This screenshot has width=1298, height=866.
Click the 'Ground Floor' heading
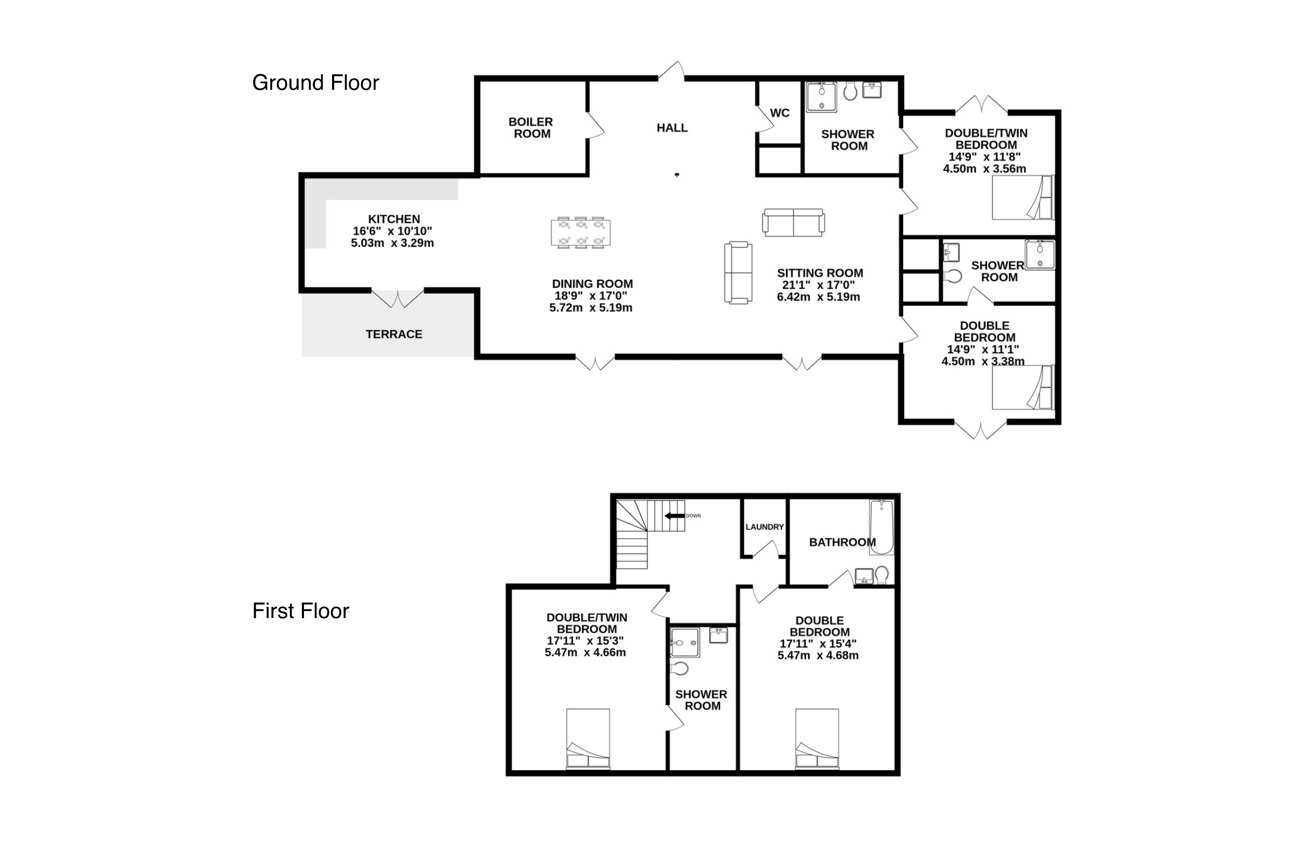(315, 83)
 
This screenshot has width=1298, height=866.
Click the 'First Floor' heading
(300, 611)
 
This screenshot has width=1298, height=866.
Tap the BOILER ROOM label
(531, 128)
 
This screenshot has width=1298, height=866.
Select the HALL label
(672, 128)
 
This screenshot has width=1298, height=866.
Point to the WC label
(779, 113)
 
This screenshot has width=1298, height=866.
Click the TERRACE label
(394, 334)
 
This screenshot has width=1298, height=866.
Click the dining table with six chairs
(580, 233)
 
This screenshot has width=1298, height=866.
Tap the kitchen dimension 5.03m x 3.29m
(393, 243)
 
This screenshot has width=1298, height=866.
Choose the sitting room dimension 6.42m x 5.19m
(818, 297)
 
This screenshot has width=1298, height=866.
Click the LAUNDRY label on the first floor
(764, 527)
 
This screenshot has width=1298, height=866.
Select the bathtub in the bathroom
(882, 527)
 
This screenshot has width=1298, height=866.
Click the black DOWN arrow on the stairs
(674, 516)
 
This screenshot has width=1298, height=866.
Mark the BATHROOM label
(842, 542)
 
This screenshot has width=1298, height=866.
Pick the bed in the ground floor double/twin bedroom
(1023, 197)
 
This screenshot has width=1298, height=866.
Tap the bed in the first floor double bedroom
(817, 739)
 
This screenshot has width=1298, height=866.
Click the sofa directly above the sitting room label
(793, 222)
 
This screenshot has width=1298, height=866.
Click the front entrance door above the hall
(672, 72)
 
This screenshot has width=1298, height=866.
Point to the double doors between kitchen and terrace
(398, 299)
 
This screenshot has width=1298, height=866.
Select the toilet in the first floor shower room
(679, 669)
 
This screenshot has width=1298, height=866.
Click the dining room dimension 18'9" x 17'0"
(591, 296)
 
